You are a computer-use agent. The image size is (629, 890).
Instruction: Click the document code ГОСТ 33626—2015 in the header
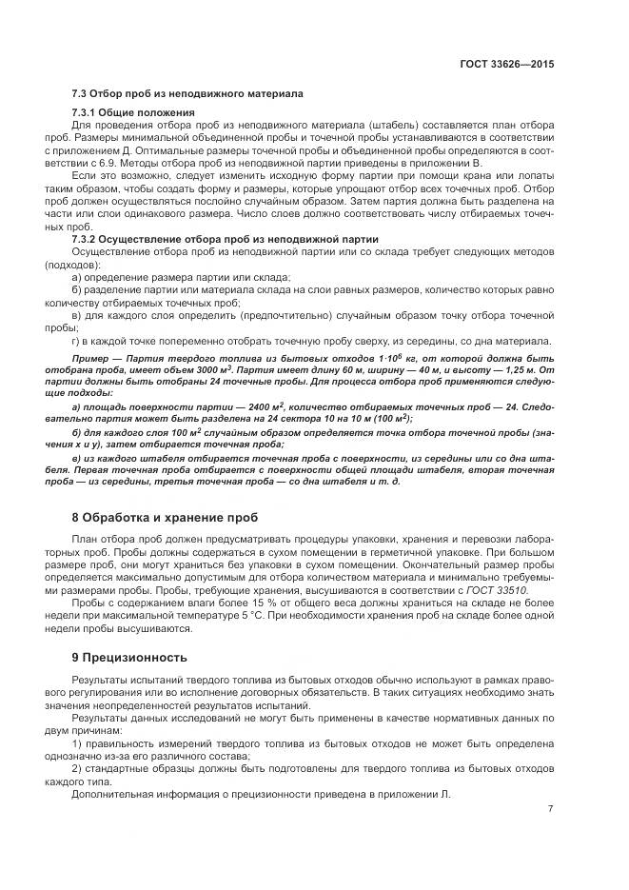508,66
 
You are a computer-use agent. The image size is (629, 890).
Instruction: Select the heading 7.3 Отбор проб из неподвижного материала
187,94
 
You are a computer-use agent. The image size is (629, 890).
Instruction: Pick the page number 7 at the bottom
550,809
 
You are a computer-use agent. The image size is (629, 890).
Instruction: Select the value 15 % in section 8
221,604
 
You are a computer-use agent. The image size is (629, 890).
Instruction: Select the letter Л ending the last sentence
443,793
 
